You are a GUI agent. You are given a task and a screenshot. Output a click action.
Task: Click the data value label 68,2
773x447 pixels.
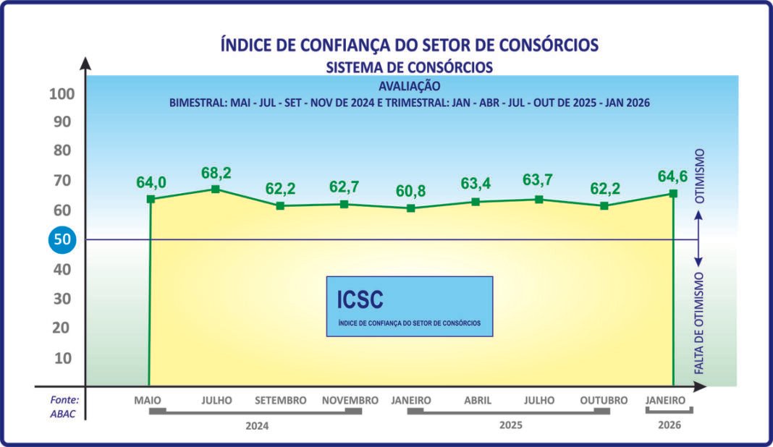216,174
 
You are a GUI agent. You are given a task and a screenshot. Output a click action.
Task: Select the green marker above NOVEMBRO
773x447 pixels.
345,204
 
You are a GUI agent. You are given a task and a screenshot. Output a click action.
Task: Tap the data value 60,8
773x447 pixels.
410,192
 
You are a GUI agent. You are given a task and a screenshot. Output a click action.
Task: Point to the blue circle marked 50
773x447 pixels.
63,240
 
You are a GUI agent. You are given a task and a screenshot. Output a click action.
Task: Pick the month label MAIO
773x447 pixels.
148,400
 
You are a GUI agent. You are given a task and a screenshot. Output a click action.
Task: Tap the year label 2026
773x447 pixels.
669,425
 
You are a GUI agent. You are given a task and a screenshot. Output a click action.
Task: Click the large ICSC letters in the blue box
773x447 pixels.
360,299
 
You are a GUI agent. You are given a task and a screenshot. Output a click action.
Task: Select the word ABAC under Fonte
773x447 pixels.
63,414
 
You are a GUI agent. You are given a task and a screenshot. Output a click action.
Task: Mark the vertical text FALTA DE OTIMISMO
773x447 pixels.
700,323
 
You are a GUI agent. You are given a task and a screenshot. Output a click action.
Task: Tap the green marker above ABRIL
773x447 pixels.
476,202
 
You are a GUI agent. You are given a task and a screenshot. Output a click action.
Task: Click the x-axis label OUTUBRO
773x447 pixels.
604,400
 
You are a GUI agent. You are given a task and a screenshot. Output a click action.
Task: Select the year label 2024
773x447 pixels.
257,426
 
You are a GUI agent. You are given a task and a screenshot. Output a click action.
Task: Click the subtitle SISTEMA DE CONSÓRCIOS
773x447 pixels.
410,67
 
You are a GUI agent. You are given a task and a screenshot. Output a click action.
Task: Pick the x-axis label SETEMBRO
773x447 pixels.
281,400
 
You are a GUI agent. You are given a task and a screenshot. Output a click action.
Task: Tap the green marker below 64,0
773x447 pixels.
151,199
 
